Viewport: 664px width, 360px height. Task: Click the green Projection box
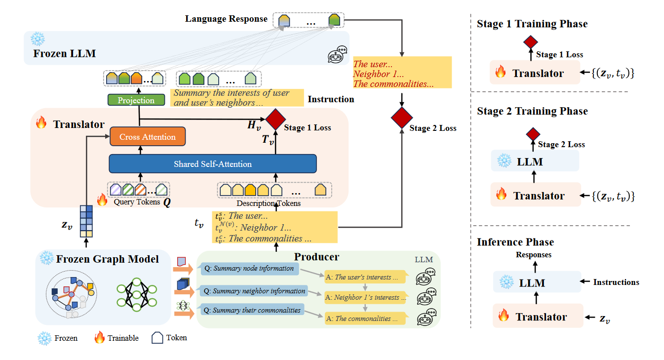[x=136, y=100]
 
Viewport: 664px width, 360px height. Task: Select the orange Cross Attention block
[x=148, y=137]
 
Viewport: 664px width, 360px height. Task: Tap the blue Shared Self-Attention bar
[x=212, y=164]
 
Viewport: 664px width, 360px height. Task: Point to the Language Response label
[x=226, y=19]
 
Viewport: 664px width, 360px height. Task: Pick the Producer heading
[x=316, y=257]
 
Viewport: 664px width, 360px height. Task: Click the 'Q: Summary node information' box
[x=250, y=269]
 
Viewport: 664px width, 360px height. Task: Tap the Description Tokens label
[x=269, y=203]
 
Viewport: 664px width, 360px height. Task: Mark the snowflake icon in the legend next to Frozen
[x=44, y=338]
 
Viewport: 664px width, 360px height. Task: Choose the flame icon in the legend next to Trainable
[x=100, y=338]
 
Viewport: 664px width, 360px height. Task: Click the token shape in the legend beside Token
[x=157, y=338]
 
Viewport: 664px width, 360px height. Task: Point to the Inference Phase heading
[x=515, y=242]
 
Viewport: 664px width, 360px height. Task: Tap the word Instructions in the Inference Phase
[x=616, y=282]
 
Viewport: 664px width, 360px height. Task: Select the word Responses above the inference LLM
[x=534, y=255]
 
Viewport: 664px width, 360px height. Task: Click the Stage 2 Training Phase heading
[x=532, y=111]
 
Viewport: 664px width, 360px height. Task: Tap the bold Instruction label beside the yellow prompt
[x=331, y=99]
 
